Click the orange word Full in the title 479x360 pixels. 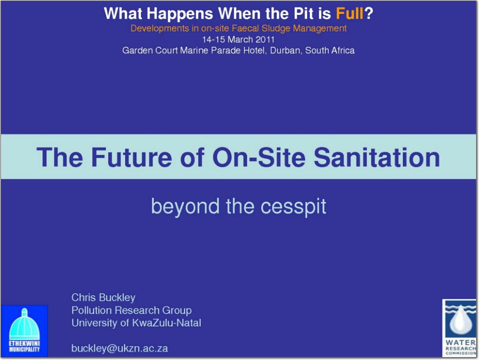349,13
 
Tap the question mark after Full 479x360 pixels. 369,13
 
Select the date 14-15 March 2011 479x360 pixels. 238,40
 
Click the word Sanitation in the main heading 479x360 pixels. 377,157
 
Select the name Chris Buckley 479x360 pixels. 103,297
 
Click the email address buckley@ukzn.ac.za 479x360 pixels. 120,349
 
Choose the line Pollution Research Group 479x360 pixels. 131,310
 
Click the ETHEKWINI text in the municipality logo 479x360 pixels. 24,344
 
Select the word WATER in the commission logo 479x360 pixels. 460,343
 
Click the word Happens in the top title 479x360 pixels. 180,14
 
